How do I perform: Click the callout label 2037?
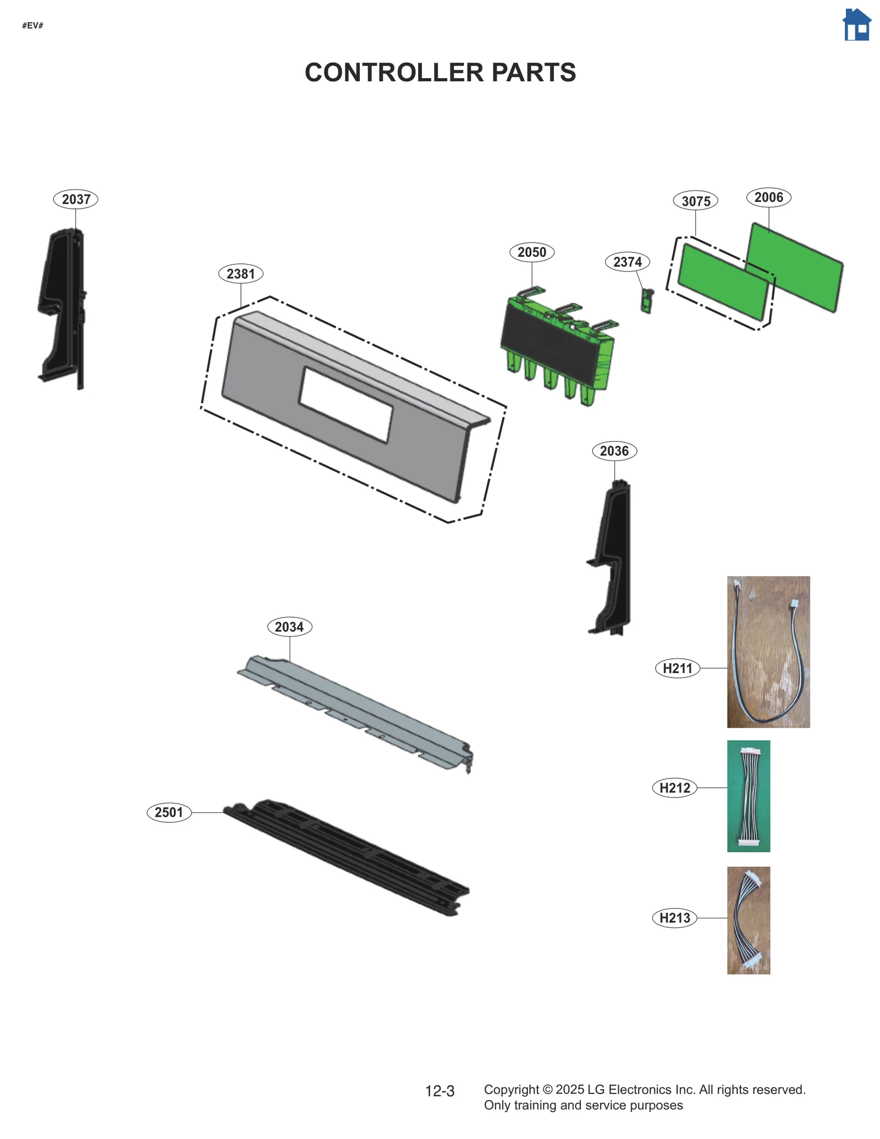pyautogui.click(x=76, y=199)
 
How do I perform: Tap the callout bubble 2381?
pyautogui.click(x=241, y=273)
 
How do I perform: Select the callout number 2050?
pyautogui.click(x=532, y=252)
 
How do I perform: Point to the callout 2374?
pyautogui.click(x=628, y=262)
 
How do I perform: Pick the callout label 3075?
pyautogui.click(x=696, y=201)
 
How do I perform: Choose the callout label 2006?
pyautogui.click(x=768, y=197)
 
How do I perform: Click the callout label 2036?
pyautogui.click(x=614, y=451)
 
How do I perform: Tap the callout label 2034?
pyautogui.click(x=289, y=626)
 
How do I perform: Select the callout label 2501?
pyautogui.click(x=169, y=812)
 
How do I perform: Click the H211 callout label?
pyautogui.click(x=678, y=668)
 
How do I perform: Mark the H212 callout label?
pyautogui.click(x=675, y=788)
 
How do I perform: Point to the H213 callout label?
pyautogui.click(x=675, y=918)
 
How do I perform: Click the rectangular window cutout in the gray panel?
pyautogui.click(x=345, y=404)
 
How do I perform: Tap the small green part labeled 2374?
pyautogui.click(x=647, y=301)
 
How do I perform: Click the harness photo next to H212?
pyautogui.click(x=749, y=796)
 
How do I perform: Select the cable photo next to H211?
pyautogui.click(x=768, y=652)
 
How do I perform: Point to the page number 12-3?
pyautogui.click(x=439, y=1091)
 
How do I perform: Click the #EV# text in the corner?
pyautogui.click(x=32, y=26)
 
